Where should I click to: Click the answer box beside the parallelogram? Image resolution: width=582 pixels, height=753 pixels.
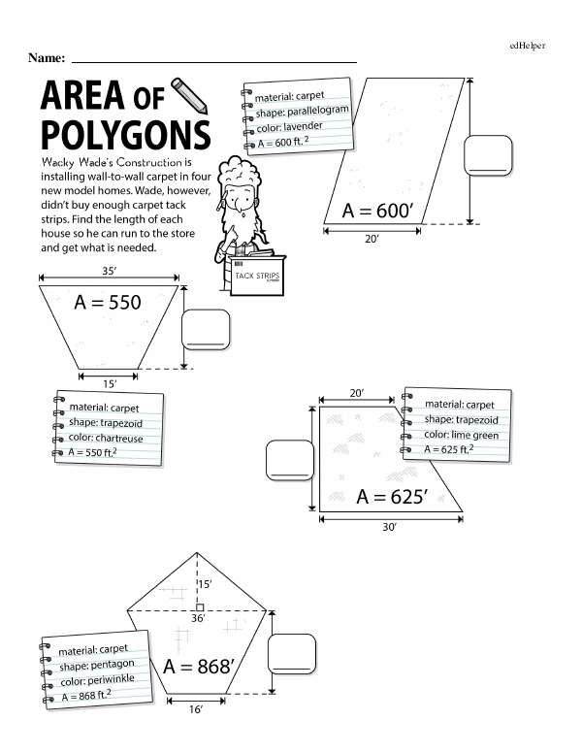(x=488, y=155)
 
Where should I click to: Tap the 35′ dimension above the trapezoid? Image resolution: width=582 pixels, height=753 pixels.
(x=110, y=274)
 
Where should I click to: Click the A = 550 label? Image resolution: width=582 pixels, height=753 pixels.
(x=109, y=303)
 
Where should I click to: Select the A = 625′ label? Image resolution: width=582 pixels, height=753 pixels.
(x=392, y=497)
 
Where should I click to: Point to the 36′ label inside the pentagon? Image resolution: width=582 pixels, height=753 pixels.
(x=198, y=618)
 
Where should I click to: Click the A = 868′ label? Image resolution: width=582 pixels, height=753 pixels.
(x=200, y=667)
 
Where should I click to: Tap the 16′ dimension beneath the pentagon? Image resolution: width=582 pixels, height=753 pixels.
(x=196, y=709)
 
